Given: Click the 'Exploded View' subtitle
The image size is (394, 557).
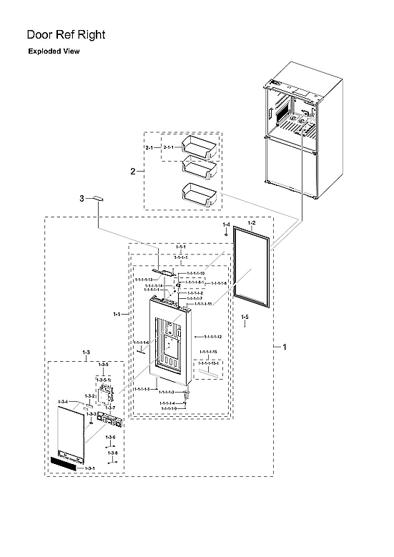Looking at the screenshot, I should coord(54,51).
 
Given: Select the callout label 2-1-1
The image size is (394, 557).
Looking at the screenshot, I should coord(172,147).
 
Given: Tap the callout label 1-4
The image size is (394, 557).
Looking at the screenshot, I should coord(226,225).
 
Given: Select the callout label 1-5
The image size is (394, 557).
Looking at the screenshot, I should coord(245,316).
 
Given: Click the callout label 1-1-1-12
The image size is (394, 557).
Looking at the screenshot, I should coord(212,336).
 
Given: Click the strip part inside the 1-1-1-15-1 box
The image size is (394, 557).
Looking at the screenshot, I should coord(208,371).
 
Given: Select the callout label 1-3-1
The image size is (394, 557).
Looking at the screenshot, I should coord(89,468).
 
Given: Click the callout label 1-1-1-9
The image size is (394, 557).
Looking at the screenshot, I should coord(169,408).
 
